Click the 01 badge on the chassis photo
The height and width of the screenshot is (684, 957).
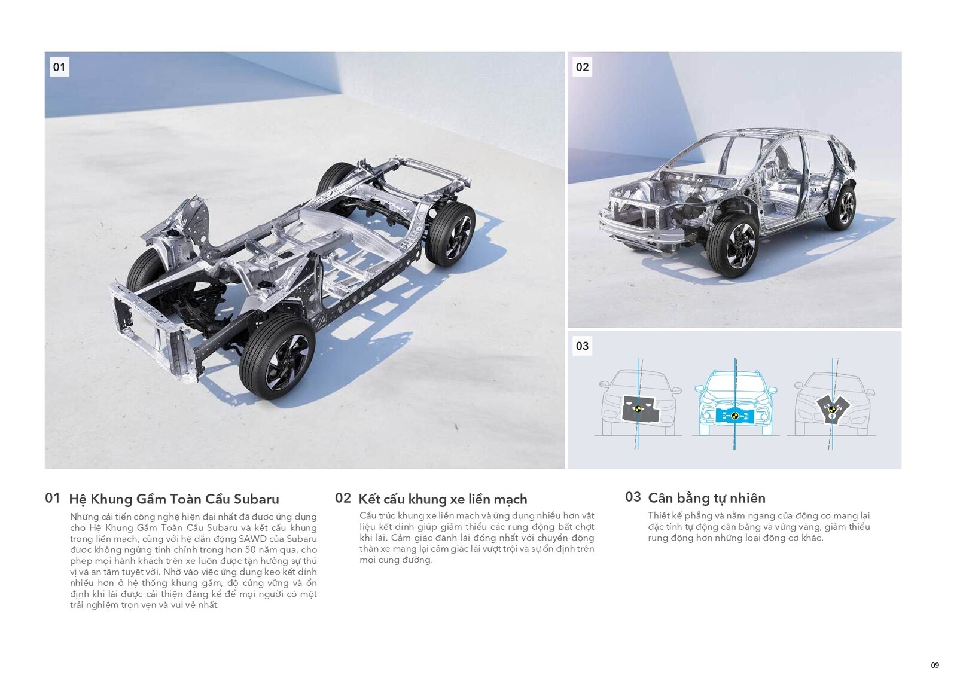click(x=59, y=67)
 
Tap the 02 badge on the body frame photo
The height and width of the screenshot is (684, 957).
click(x=582, y=67)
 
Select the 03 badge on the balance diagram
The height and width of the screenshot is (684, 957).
click(x=582, y=346)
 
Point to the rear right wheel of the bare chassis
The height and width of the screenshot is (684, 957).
click(x=450, y=234)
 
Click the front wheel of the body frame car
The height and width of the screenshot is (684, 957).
click(x=733, y=245)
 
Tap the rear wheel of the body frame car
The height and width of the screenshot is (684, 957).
click(x=842, y=207)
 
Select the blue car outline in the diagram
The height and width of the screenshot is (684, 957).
click(x=735, y=401)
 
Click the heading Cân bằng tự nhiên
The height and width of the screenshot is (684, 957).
click(x=706, y=498)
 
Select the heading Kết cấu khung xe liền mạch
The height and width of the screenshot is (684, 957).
click(x=443, y=499)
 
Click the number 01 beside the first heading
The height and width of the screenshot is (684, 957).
click(x=53, y=498)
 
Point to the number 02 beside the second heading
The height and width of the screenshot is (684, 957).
click(x=343, y=498)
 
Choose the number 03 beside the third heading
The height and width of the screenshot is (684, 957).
click(x=633, y=497)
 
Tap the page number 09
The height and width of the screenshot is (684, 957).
click(x=935, y=665)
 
